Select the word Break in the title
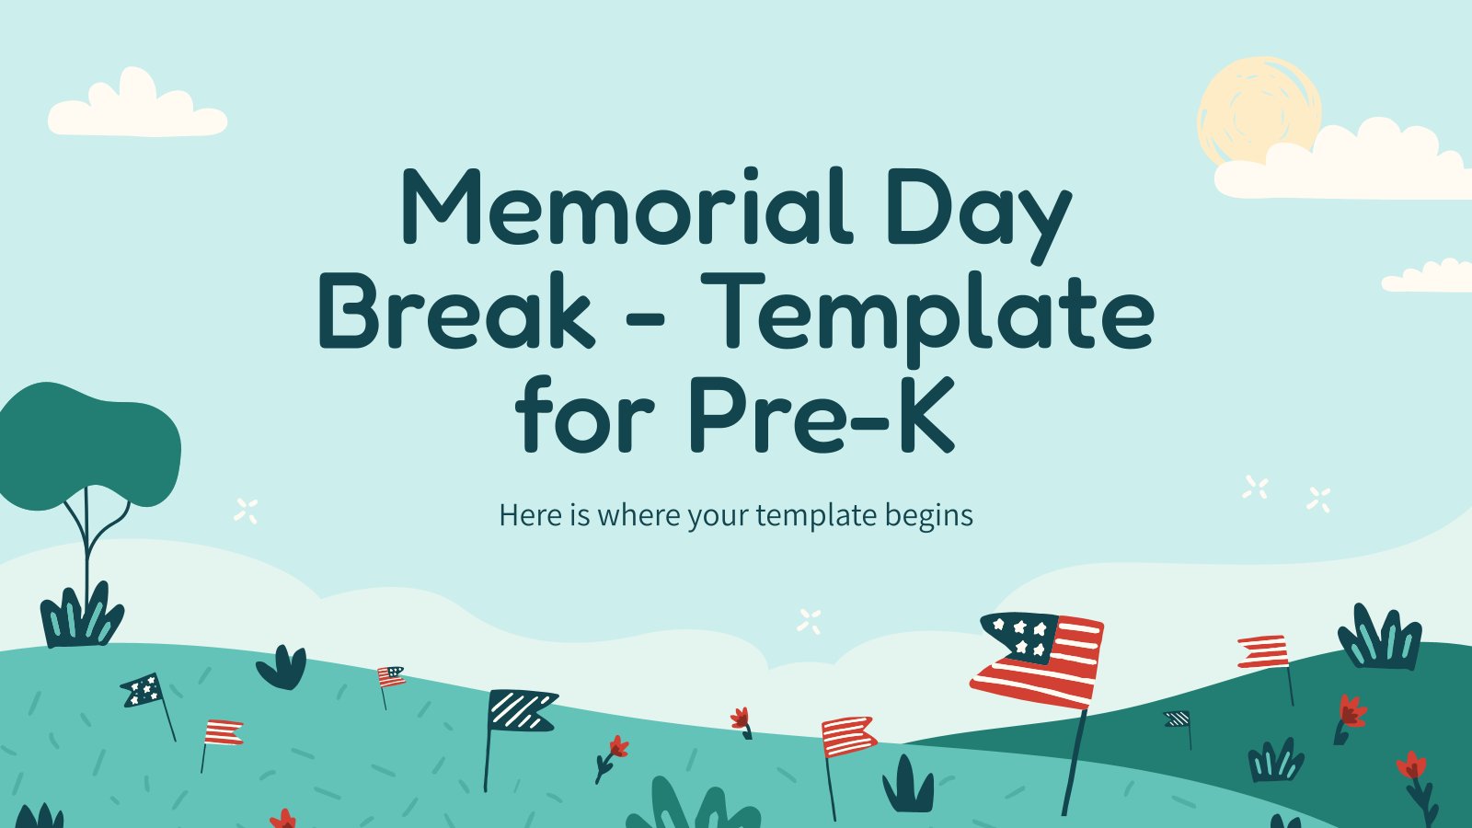coord(456,310)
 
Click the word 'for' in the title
coord(584,414)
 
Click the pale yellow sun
coord(1258,109)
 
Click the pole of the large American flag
coord(1074,763)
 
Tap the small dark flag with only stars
coord(142,690)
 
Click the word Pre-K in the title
coord(822,415)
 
